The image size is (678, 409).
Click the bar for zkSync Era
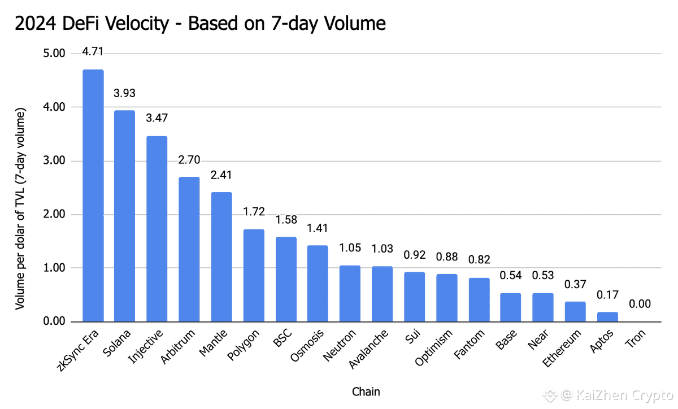pyautogui.click(x=93, y=195)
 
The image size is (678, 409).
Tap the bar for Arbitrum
pyautogui.click(x=189, y=249)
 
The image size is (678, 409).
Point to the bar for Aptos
pyautogui.click(x=607, y=317)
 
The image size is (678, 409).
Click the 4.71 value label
pyautogui.click(x=93, y=52)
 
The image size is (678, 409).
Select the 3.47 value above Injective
pyautogui.click(x=157, y=119)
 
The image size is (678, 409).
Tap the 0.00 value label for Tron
pyautogui.click(x=640, y=304)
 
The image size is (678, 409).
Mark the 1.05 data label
pyautogui.click(x=350, y=247)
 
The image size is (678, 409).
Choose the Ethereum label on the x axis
pyautogui.click(x=563, y=349)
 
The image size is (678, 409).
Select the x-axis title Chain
pyautogui.click(x=366, y=391)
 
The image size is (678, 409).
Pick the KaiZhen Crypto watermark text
pyautogui.click(x=620, y=394)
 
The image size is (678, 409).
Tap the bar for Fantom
pyautogui.click(x=479, y=299)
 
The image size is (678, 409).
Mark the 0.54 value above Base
pyautogui.click(x=511, y=276)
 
